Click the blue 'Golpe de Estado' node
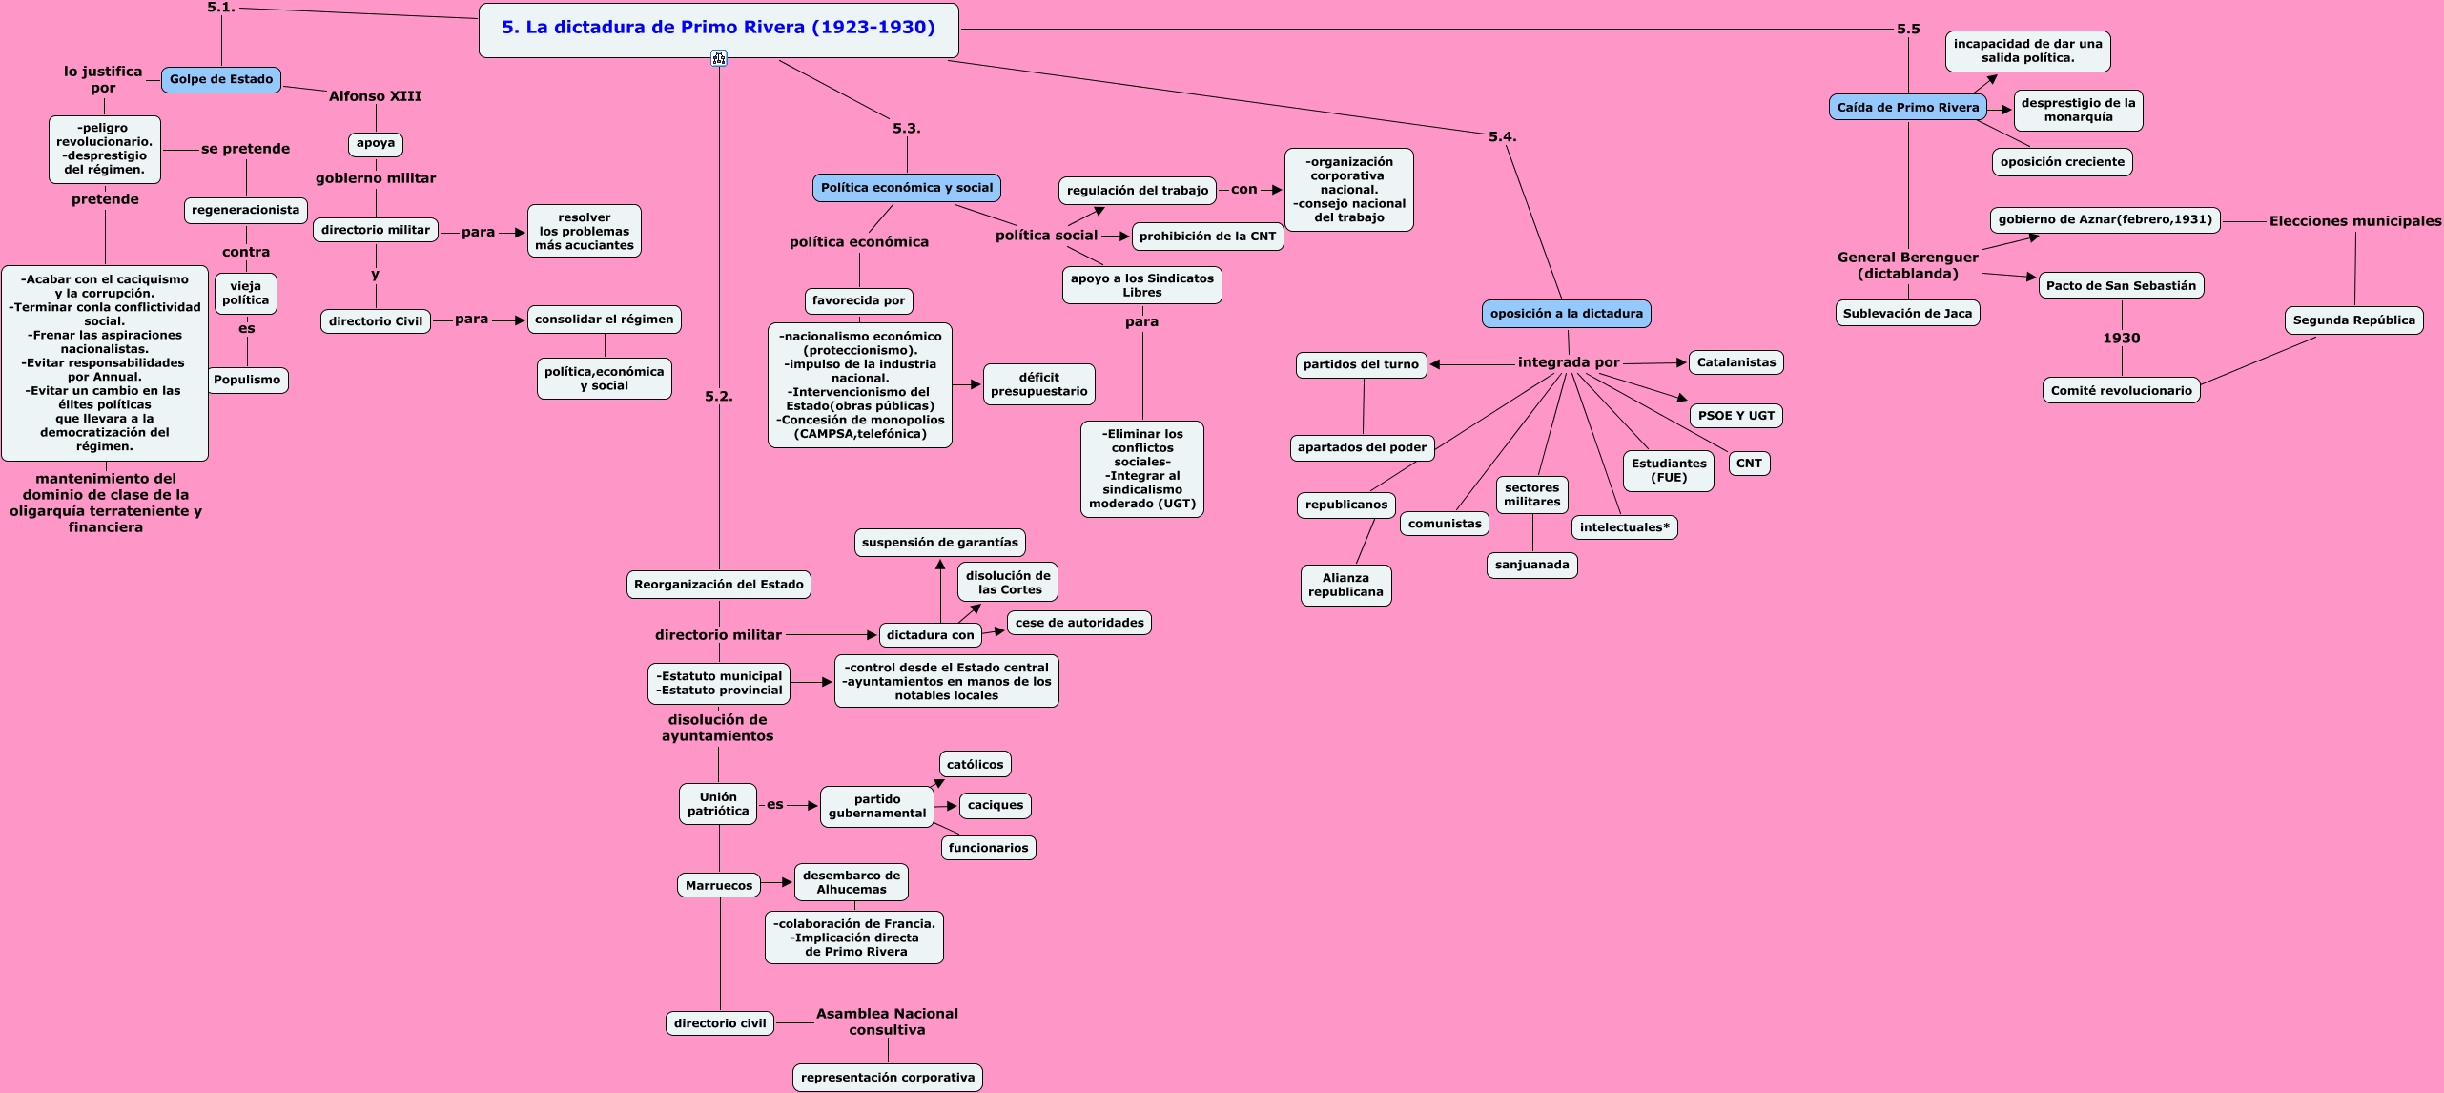point(221,80)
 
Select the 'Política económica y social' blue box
point(907,188)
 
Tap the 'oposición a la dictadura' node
point(1566,314)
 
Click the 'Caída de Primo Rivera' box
point(1908,108)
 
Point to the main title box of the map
point(718,29)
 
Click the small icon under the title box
point(719,59)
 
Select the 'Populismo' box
point(247,380)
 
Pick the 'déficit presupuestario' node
point(1038,384)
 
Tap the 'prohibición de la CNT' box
point(1207,237)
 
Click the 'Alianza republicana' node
point(1345,585)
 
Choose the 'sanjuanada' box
point(1531,565)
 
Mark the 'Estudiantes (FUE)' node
point(1669,471)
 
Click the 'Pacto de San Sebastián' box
point(2121,285)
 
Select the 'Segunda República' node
point(2353,320)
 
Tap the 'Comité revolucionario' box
point(2121,390)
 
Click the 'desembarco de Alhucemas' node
point(851,882)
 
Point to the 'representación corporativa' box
point(888,1078)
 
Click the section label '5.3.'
point(906,129)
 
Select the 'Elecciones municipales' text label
point(2354,221)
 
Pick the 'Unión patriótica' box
point(718,804)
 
